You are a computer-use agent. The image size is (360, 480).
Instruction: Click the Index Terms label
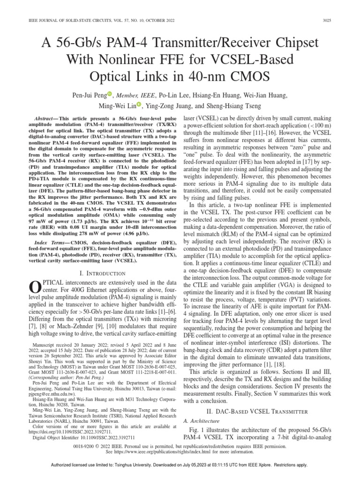click(x=42, y=241)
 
